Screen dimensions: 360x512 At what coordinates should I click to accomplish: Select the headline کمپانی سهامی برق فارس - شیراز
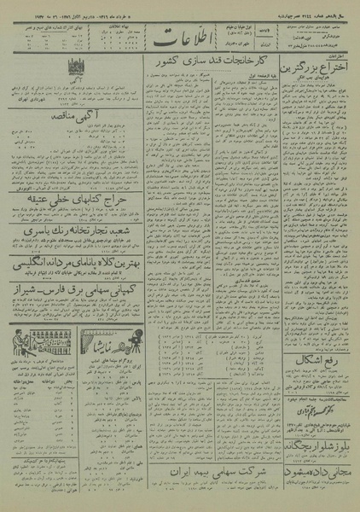tap(71, 312)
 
